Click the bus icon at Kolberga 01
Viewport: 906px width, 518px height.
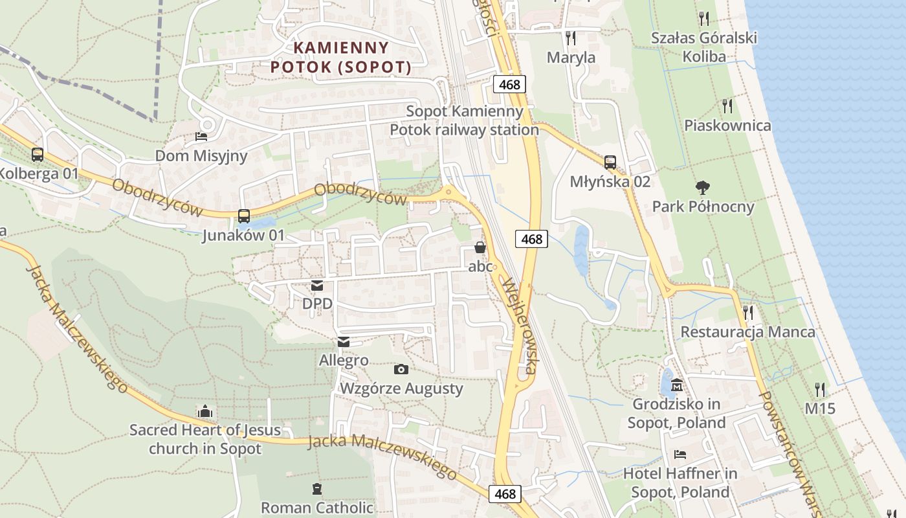click(38, 155)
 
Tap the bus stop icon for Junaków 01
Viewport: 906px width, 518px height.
click(244, 216)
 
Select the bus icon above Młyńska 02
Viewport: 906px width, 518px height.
click(610, 162)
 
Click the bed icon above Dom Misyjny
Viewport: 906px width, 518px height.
click(201, 137)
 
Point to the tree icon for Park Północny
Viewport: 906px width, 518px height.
click(702, 188)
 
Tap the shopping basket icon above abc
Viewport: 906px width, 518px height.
click(480, 247)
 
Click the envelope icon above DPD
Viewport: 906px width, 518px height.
click(317, 285)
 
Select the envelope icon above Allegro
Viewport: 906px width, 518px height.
click(344, 342)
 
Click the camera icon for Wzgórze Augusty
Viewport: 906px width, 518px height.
click(401, 370)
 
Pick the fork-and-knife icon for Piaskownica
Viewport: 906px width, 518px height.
click(727, 106)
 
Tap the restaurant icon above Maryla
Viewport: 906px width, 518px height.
click(570, 38)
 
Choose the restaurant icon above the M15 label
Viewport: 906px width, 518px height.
click(820, 390)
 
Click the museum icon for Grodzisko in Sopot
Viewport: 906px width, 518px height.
click(678, 385)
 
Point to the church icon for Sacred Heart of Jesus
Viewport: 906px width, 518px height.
click(205, 411)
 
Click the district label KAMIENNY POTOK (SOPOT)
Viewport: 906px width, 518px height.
click(341, 57)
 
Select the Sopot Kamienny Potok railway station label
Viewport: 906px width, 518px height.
click(464, 120)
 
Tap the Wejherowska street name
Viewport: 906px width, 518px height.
click(520, 326)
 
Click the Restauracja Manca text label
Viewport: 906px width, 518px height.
click(747, 332)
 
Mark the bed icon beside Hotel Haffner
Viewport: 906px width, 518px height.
click(679, 454)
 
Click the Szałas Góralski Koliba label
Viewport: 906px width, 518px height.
click(704, 47)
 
